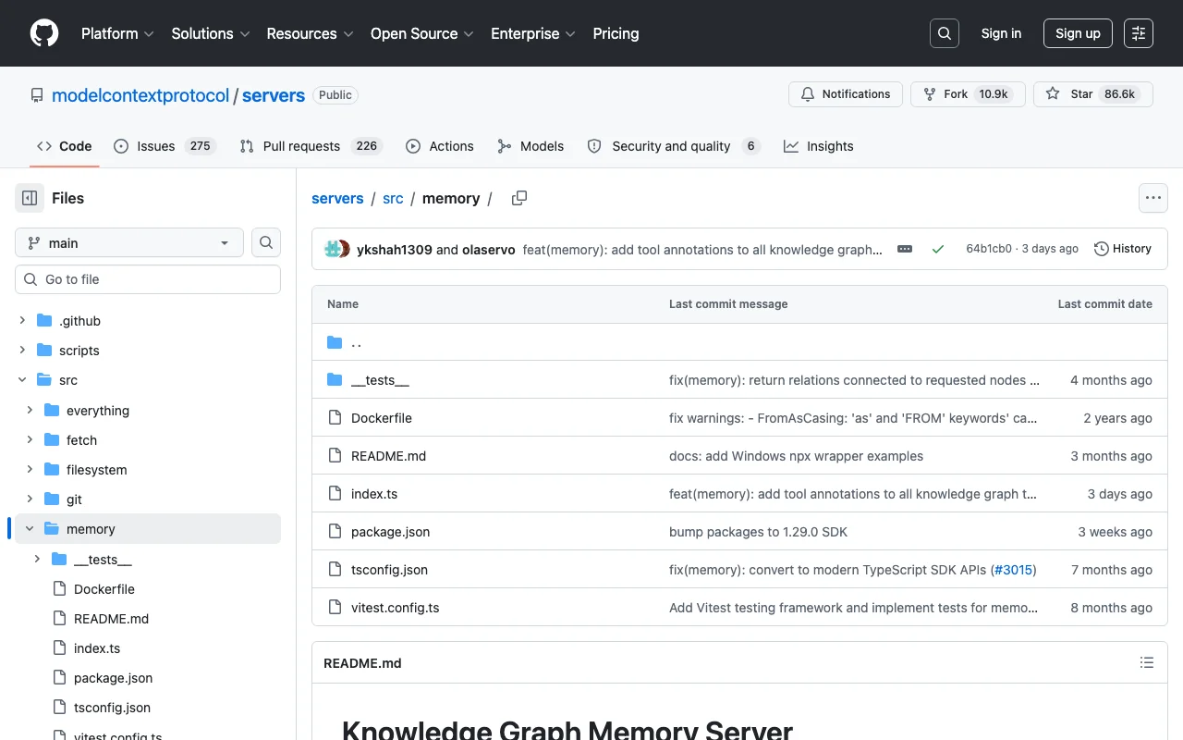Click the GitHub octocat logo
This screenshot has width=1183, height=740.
(x=43, y=33)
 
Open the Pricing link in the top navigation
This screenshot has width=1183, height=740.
(x=616, y=33)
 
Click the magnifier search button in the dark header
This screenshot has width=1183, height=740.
(x=945, y=33)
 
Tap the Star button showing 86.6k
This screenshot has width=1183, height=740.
(x=1092, y=94)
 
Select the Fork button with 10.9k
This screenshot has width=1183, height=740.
(x=968, y=94)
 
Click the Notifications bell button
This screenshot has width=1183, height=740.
(x=845, y=94)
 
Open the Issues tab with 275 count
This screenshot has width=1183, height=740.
(x=165, y=146)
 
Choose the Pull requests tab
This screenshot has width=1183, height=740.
(x=311, y=146)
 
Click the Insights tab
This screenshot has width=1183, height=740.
(x=818, y=146)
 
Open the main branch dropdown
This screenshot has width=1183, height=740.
(x=129, y=242)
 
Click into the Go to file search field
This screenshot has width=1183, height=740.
(x=148, y=279)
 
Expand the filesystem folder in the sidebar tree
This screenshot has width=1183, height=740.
(x=30, y=469)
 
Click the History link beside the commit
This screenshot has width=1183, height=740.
(x=1122, y=249)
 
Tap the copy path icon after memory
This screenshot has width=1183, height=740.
(x=519, y=198)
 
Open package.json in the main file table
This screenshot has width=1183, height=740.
(x=390, y=531)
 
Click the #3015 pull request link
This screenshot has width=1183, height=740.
(x=1013, y=569)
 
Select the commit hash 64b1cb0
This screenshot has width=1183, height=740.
(x=989, y=249)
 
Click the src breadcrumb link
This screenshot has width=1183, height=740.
(x=393, y=198)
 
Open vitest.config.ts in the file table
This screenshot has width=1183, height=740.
(x=395, y=608)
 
